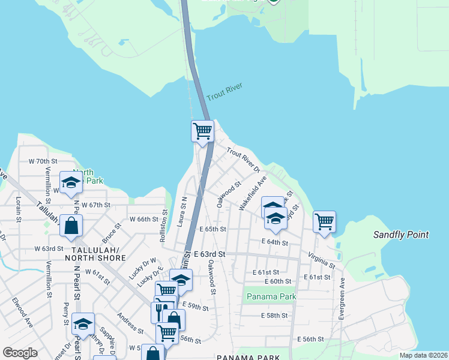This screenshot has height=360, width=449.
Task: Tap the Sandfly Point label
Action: pyautogui.click(x=401, y=235)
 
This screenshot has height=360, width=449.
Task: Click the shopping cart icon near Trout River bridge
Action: pyautogui.click(x=202, y=130)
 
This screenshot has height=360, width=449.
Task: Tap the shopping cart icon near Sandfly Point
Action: pyautogui.click(x=324, y=221)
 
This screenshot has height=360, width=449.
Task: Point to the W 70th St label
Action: pyautogui.click(x=43, y=161)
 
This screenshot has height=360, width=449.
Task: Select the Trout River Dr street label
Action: pyautogui.click(x=242, y=158)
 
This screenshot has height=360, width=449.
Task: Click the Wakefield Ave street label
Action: pyautogui.click(x=253, y=193)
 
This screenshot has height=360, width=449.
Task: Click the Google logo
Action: pyautogui.click(x=20, y=353)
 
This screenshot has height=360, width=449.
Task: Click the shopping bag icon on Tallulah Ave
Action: pyautogui.click(x=71, y=226)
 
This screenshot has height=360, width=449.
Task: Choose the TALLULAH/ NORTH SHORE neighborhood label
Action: pyautogui.click(x=99, y=254)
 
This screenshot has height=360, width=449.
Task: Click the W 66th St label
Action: pyautogui.click(x=143, y=220)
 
